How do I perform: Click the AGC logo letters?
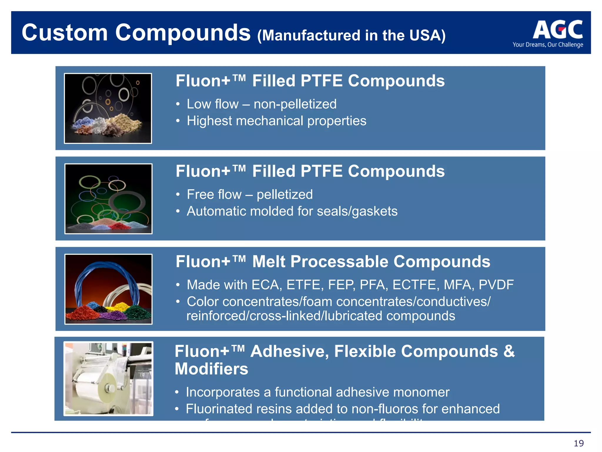(558, 30)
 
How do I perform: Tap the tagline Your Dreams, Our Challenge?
(548, 45)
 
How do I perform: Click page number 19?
(578, 443)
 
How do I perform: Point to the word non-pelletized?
(295, 104)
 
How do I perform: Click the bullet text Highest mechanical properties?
(276, 121)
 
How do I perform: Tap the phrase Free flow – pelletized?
(250, 195)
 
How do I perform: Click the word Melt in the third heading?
(269, 262)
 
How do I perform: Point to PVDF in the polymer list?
(496, 285)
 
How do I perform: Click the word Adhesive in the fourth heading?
(289, 351)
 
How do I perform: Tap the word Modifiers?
(211, 369)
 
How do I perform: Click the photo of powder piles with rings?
(108, 108)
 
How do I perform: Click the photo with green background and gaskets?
(108, 199)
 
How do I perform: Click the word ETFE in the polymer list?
(305, 285)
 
